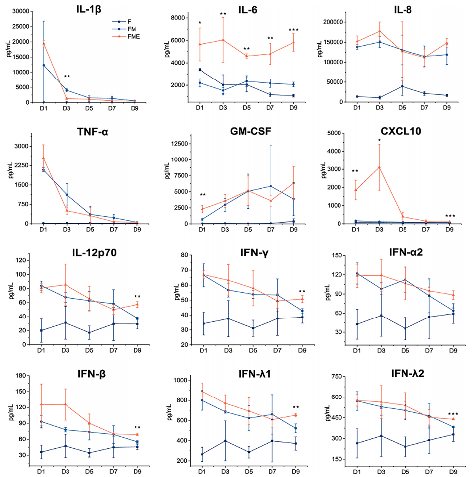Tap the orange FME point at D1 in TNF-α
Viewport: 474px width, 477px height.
pos(43,158)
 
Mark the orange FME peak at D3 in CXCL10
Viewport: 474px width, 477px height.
pos(379,167)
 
